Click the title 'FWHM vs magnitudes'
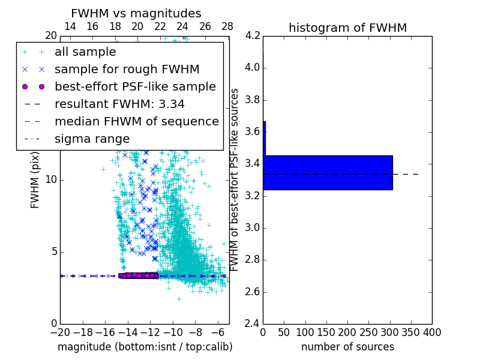tap(136, 14)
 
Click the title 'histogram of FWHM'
tap(347, 28)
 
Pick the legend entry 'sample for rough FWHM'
tap(127, 69)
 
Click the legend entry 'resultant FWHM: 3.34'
tap(119, 104)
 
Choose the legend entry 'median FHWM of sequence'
tap(137, 121)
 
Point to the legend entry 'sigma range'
tap(92, 139)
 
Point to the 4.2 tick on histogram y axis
tap(253, 35)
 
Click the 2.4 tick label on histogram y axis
tap(253, 324)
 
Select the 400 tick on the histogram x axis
tap(432, 332)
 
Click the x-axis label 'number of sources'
tap(347, 347)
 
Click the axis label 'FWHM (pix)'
tap(35, 180)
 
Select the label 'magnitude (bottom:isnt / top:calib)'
tap(145, 347)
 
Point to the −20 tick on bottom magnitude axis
tap(60, 332)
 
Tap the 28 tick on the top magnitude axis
tap(227, 27)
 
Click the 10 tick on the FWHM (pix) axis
tap(52, 180)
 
